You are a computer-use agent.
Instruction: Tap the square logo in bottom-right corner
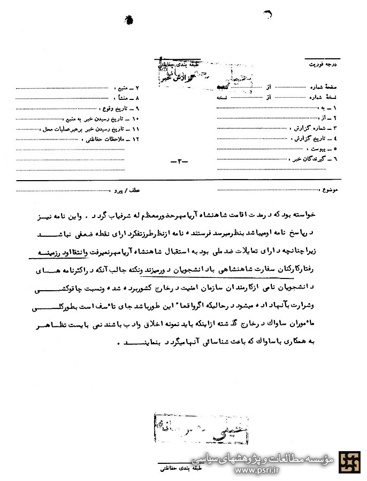tap(351, 462)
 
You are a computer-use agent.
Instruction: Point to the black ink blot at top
tap(129, 19)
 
